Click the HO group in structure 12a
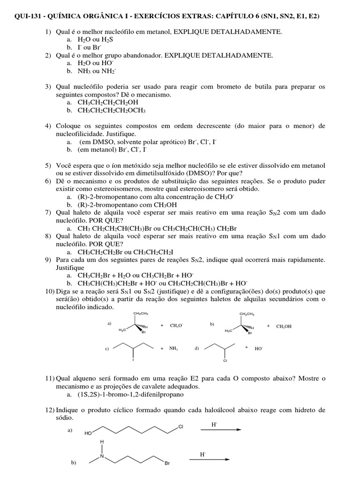[x=88, y=434]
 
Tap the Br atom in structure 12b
[x=166, y=464]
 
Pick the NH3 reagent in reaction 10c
[x=175, y=349]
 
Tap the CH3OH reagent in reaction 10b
[x=284, y=326]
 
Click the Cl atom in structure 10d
[x=225, y=361]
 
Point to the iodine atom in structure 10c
[x=134, y=360]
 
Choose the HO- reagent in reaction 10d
[x=259, y=349]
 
